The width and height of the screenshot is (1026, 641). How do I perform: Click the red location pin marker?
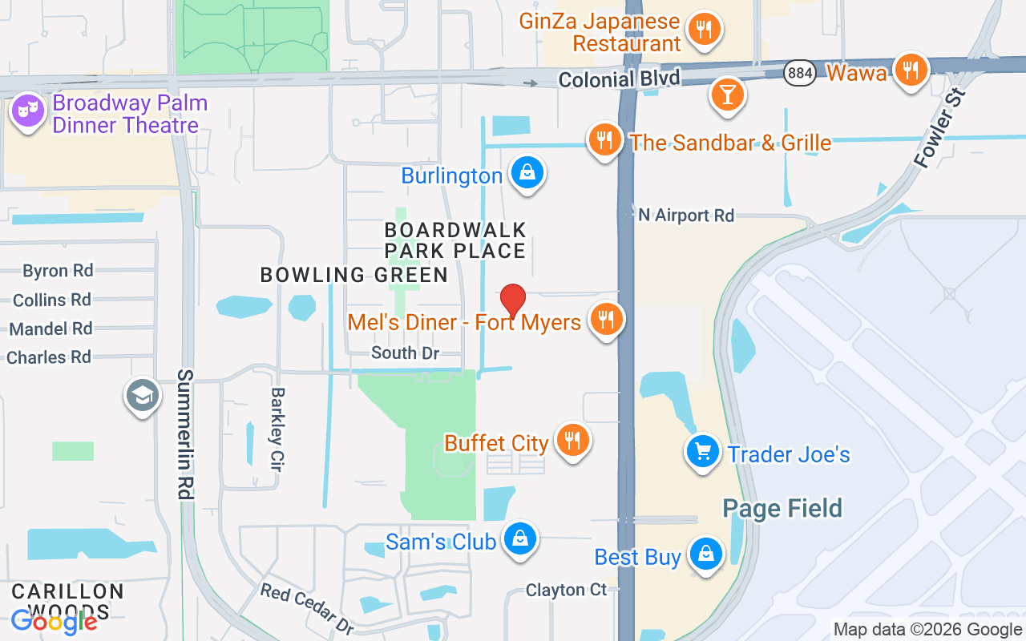[513, 300]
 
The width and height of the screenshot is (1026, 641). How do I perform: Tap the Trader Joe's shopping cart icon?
[703, 452]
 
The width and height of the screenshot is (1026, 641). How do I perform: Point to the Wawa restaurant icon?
[910, 71]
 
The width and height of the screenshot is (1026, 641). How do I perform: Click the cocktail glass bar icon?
[727, 95]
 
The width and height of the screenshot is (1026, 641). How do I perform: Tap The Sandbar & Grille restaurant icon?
[605, 140]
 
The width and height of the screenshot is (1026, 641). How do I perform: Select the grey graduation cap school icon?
[143, 395]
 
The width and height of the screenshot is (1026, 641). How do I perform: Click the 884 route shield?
[800, 73]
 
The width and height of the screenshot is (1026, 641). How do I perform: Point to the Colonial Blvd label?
[619, 79]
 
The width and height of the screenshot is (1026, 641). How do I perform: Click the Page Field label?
[782, 508]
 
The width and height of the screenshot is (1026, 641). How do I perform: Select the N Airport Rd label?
[686, 216]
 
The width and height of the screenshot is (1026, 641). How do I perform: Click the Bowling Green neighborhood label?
[353, 275]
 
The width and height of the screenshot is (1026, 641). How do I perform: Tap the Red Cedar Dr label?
[307, 608]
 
